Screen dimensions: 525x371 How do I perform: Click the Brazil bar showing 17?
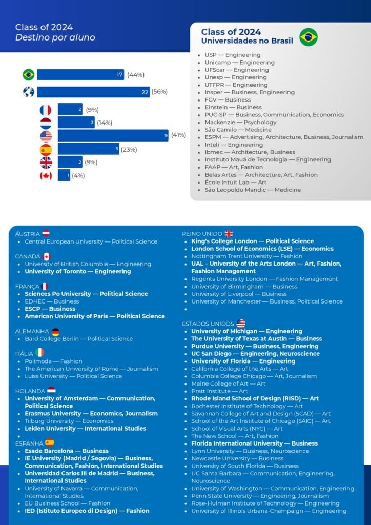point(80,75)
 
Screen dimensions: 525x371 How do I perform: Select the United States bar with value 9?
point(113,136)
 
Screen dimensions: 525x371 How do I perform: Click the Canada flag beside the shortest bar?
point(46,176)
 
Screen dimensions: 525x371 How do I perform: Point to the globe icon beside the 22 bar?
point(29,92)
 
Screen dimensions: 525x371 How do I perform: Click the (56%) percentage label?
point(159,92)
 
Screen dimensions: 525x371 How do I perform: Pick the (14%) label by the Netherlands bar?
point(105,123)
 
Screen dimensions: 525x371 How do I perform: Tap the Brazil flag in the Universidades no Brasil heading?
point(308,37)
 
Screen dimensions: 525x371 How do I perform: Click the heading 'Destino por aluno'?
point(55,37)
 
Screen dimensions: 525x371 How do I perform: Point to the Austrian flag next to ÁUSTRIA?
point(46,233)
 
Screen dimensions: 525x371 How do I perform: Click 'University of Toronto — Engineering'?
point(78,271)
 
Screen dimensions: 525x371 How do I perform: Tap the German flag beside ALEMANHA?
point(55,332)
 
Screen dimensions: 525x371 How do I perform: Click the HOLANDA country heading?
point(30,391)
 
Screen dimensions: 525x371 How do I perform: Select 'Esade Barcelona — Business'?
point(67,451)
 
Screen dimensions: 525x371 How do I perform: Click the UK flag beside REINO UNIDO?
point(229,234)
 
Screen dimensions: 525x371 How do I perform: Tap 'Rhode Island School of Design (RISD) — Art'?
point(255,398)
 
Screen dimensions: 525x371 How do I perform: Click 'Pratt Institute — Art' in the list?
point(219,391)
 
